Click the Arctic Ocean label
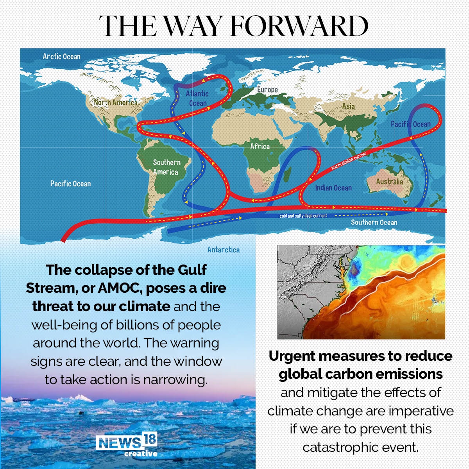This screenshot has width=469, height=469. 61,56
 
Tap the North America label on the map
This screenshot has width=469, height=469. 115,102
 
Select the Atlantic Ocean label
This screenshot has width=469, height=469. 197,98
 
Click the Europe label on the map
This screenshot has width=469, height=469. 267,90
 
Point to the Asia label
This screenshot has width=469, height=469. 348,106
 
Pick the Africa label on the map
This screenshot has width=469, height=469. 260,146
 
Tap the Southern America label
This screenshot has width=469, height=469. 166,167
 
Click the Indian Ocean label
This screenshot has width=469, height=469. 333,188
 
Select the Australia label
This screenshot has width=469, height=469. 389,181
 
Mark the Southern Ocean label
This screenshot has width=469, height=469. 374,222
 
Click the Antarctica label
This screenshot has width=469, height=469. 223,250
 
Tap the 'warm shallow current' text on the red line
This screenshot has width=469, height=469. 349,161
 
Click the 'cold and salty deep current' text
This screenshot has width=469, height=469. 303,216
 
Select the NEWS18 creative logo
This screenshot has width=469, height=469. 127,445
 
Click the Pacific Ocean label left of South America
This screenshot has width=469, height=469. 70,183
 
